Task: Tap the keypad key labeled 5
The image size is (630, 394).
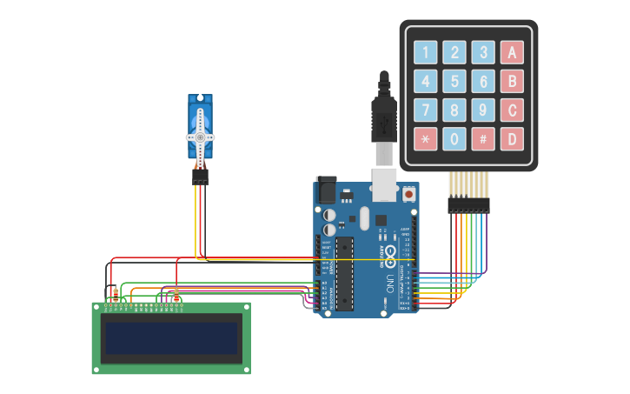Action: coord(454,82)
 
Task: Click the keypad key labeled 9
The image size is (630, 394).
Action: coord(483,110)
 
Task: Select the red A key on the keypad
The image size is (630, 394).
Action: coord(512,53)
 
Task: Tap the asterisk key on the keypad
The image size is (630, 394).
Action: coord(426,138)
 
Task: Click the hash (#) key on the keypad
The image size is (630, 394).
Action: coord(483,138)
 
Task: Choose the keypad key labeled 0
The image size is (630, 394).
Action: coord(454,138)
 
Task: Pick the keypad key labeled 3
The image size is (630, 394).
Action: coord(483,53)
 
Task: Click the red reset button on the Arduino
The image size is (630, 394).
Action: coord(408,194)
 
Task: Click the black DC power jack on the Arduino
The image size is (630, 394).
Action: coord(327,190)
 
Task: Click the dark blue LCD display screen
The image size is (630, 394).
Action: coord(171,338)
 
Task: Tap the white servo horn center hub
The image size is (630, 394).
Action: coord(200,137)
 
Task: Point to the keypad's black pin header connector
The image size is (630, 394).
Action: coord(468,205)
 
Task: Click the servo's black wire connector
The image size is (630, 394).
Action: coord(201,177)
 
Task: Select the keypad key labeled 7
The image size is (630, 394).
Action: coord(426,110)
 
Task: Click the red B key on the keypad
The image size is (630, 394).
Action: coord(512,82)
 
